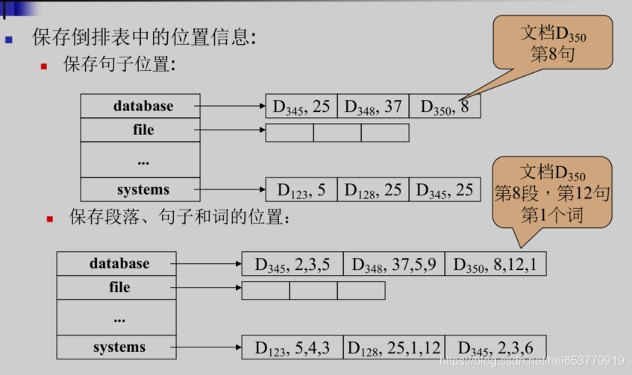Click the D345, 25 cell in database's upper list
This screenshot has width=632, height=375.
301,107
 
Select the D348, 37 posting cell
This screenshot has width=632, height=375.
373,107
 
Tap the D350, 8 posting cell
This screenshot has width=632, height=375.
445,107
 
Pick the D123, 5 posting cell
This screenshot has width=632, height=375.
301,189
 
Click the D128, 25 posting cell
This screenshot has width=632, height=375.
373,189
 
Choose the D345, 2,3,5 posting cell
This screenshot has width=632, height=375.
292,264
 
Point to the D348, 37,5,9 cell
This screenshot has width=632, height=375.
393,264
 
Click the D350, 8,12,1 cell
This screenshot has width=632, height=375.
495,264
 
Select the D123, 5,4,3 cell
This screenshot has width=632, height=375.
292,347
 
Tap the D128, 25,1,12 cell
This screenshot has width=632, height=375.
393,347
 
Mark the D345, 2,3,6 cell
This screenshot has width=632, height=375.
495,347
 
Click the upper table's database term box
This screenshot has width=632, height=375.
140,107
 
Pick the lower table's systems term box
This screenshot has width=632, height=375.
116,347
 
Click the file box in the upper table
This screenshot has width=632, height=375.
140,130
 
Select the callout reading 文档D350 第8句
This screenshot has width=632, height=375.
552,44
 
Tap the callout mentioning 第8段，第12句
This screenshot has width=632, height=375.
552,192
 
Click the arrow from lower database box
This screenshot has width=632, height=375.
209,264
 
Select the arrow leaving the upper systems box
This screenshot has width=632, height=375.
233,189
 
